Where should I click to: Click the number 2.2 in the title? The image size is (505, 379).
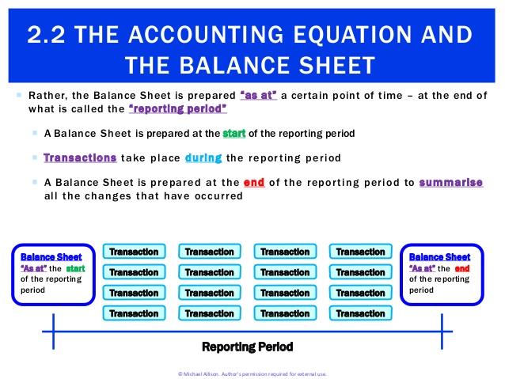46,35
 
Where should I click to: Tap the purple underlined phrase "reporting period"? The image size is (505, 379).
178,109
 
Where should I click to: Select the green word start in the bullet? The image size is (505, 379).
234,133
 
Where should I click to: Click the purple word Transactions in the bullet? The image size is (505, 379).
80,157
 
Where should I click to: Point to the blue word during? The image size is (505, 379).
203,158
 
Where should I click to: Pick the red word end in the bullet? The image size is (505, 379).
254,183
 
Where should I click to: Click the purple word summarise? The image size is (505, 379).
451,183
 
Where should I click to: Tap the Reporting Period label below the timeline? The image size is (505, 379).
247,347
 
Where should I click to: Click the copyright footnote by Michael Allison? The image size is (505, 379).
252,373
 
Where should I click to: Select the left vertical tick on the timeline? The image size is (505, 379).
54,332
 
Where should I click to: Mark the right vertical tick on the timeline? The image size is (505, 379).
442,332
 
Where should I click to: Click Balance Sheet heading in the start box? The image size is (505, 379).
51,257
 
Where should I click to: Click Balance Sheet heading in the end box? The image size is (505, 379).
439,257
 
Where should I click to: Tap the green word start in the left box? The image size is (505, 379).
76,268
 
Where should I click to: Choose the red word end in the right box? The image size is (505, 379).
462,268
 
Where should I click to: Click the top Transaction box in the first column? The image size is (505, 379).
134,252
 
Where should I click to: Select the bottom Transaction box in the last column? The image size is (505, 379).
361,313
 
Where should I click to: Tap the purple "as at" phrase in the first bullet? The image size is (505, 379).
259,95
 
